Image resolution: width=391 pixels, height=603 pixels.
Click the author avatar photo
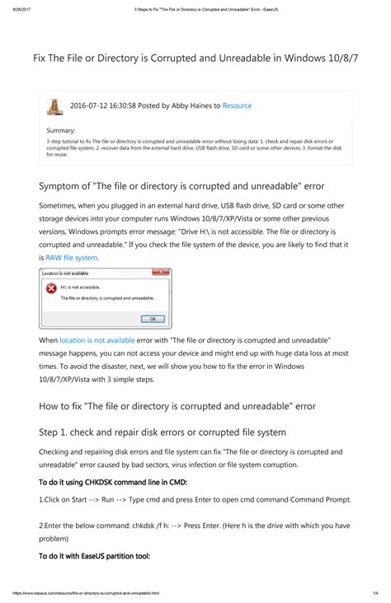[x=55, y=106]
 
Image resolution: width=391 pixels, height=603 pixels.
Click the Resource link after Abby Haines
[x=237, y=106]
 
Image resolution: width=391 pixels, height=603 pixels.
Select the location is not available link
[x=97, y=340]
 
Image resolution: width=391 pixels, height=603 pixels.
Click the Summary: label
[x=61, y=130]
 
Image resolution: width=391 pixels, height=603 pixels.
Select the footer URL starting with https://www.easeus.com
[x=86, y=593]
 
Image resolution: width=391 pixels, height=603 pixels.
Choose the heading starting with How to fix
[x=177, y=405]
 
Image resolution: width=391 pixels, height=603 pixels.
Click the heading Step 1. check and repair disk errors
[x=163, y=432]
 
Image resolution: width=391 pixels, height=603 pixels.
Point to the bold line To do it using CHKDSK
[x=114, y=481]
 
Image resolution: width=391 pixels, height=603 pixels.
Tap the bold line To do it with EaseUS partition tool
[x=94, y=556]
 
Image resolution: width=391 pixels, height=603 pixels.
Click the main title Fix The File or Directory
[x=195, y=62]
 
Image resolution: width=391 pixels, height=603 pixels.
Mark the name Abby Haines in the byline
[x=191, y=106]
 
